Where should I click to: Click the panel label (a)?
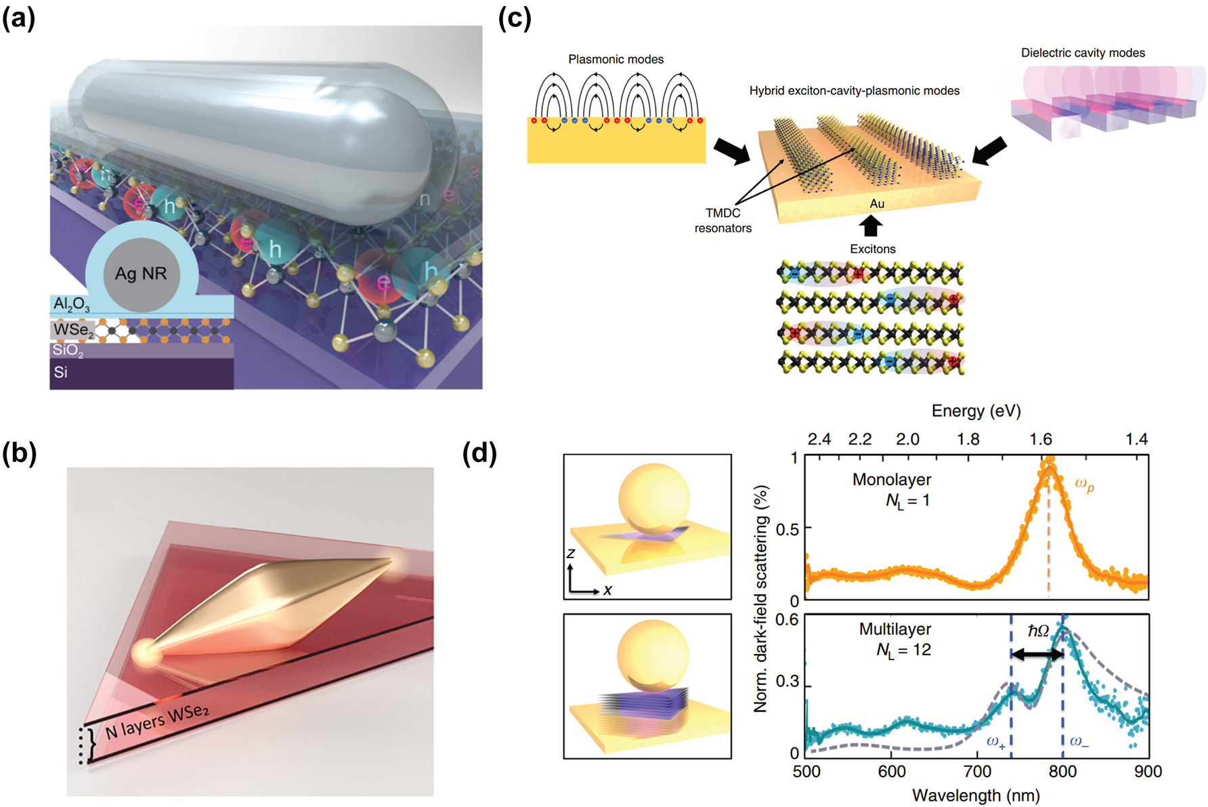19,18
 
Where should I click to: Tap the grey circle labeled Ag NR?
141,273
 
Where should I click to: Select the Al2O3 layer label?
71,304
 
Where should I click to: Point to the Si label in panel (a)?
61,372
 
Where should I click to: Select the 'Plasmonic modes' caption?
616,60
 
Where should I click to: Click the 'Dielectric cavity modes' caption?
1083,53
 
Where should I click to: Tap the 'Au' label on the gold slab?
877,203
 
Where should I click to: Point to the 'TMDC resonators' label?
722,220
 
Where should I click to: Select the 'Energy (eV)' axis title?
976,411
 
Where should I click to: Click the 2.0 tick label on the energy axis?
907,439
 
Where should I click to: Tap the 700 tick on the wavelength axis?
977,771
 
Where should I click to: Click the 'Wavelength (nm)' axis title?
976,795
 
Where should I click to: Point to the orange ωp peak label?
1084,484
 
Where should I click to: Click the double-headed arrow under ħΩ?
1037,654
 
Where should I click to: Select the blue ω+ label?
995,741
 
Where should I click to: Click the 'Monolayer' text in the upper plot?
892,480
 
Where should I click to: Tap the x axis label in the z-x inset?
607,590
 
